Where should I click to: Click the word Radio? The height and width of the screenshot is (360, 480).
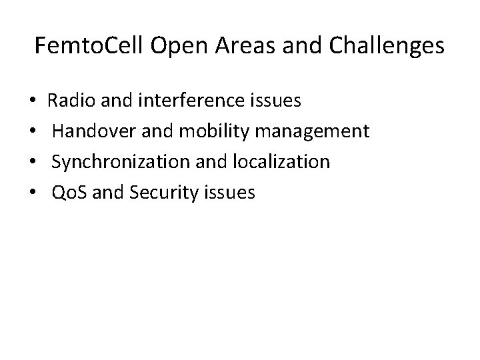pyautogui.click(x=70, y=101)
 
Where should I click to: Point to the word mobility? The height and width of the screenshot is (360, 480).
pyautogui.click(x=205, y=132)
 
